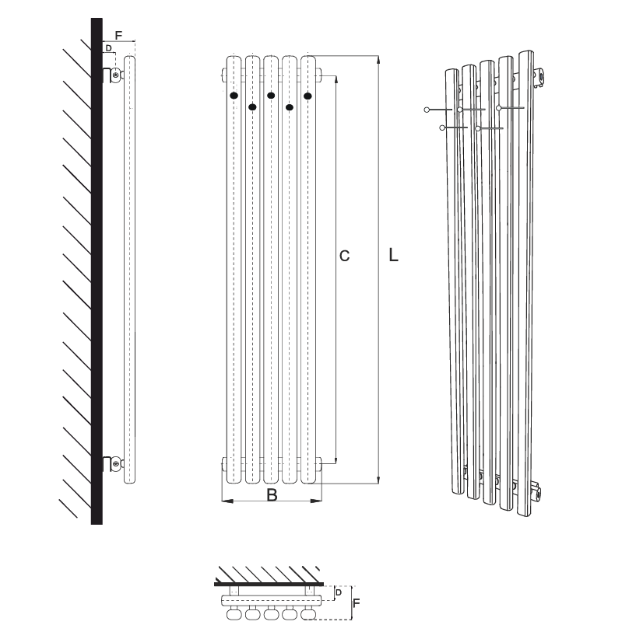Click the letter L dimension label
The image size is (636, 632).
[x=393, y=256]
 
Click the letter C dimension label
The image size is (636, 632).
[x=344, y=256]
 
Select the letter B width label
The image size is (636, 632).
[x=272, y=495]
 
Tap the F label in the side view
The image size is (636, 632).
[x=118, y=36]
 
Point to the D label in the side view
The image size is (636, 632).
[x=108, y=48]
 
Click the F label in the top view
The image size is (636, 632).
[x=356, y=603]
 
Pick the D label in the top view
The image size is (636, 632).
[x=339, y=592]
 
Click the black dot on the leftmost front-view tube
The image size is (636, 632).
[x=234, y=96]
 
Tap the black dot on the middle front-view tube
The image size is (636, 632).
[x=271, y=96]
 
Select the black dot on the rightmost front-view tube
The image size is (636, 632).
[x=307, y=96]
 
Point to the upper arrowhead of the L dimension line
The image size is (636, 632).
[x=378, y=60]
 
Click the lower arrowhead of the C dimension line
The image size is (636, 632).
[x=336, y=459]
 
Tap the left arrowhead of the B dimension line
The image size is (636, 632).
[x=227, y=501]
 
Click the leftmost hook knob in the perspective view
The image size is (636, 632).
[x=427, y=110]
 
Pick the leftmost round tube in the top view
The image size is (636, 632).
[x=234, y=614]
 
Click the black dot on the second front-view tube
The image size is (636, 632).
[x=252, y=107]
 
